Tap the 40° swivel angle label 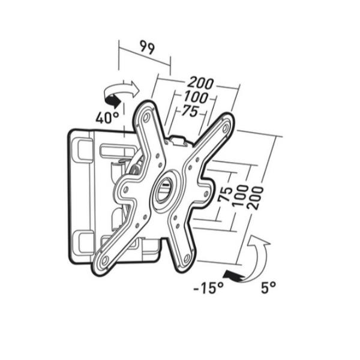coord(106,117)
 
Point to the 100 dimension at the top coord(196,97)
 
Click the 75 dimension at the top coord(190,111)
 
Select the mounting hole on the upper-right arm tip coord(226,127)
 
